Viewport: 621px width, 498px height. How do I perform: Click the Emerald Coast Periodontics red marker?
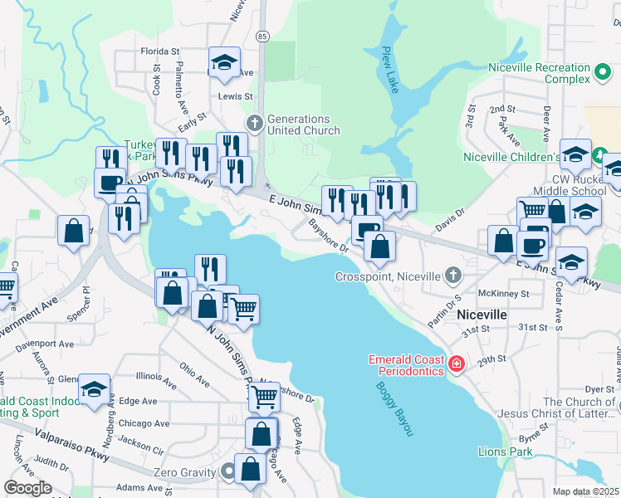[455, 364]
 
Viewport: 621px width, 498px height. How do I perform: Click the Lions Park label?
[505, 452]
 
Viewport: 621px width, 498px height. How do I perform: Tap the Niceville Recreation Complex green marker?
[604, 73]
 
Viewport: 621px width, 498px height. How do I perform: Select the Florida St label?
[160, 51]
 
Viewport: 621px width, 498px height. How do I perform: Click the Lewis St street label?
[235, 96]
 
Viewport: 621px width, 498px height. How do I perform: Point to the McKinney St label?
[504, 294]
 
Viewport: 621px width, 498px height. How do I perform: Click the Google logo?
[27, 488]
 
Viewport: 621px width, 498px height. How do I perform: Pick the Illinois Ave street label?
[154, 380]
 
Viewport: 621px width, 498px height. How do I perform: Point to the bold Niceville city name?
[482, 316]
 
